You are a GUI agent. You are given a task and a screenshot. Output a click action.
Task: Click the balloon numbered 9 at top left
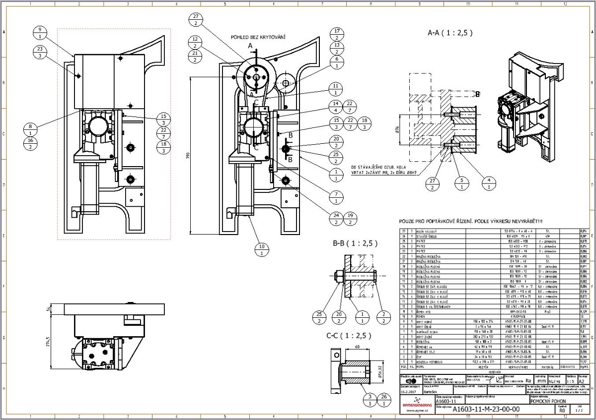(40, 33)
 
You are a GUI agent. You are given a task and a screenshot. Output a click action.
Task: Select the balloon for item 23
(40, 52)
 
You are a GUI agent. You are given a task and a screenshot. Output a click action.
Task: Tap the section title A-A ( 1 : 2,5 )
(450, 33)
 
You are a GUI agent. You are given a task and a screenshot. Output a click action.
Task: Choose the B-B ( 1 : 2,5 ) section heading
(356, 243)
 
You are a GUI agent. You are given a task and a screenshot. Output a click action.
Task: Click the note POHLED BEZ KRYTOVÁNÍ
(258, 37)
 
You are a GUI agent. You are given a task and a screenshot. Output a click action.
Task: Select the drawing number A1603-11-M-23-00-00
(486, 409)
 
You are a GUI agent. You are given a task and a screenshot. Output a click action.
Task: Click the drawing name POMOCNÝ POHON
(549, 401)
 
